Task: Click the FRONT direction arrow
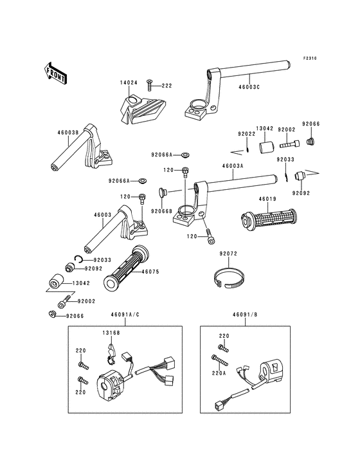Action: coord(55,73)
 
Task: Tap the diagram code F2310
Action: coord(310,59)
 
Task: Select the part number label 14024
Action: coord(129,82)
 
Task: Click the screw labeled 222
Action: coord(149,85)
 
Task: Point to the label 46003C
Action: coord(249,88)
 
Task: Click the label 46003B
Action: coord(68,132)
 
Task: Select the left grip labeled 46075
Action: coord(126,267)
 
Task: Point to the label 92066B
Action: coord(162,211)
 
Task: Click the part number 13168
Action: coord(111,333)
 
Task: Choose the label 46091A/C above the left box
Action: coord(125,315)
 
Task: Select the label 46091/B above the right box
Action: coord(245,315)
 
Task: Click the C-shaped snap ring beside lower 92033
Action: coord(78,259)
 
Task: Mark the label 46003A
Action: coord(233,165)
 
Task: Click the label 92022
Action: coord(247,134)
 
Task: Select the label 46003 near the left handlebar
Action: coord(103,215)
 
